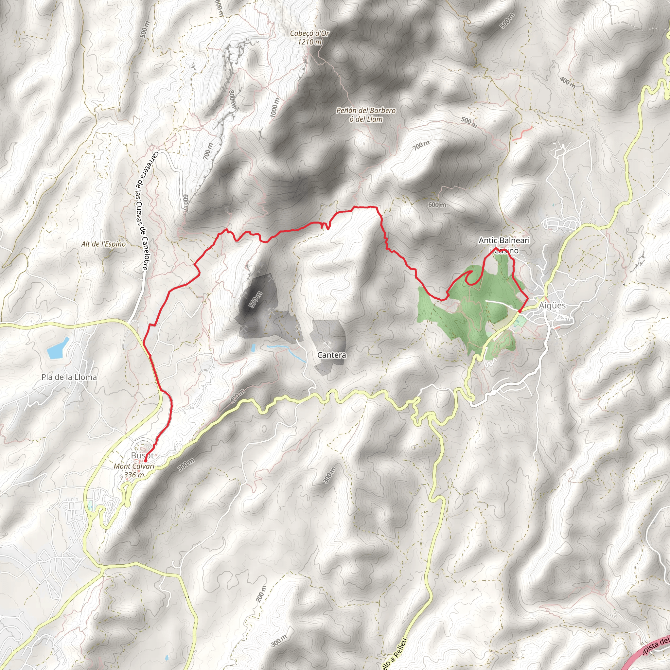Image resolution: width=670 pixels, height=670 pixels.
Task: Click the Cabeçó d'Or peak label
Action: click(309, 37)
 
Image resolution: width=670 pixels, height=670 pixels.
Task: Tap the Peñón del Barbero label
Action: click(365, 115)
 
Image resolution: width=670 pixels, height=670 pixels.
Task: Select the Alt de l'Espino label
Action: click(103, 244)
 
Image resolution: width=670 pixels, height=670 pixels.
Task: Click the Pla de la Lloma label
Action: click(69, 377)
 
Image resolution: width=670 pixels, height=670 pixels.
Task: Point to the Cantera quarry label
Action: click(331, 355)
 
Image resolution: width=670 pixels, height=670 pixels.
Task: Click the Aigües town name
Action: click(552, 306)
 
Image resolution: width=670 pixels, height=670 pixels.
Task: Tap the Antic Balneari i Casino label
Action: click(504, 245)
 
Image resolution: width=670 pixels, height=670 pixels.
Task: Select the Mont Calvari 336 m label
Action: click(134, 470)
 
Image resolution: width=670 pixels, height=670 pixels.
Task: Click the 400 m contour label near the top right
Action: click(567, 83)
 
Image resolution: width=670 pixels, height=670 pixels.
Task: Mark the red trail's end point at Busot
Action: click(145, 461)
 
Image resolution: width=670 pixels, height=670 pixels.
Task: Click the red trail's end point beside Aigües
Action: click(520, 311)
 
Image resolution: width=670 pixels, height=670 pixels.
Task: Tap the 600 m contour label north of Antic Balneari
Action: click(437, 204)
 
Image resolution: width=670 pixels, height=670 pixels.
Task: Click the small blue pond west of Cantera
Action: click(253, 348)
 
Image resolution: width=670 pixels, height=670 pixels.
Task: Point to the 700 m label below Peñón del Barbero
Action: click(421, 145)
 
